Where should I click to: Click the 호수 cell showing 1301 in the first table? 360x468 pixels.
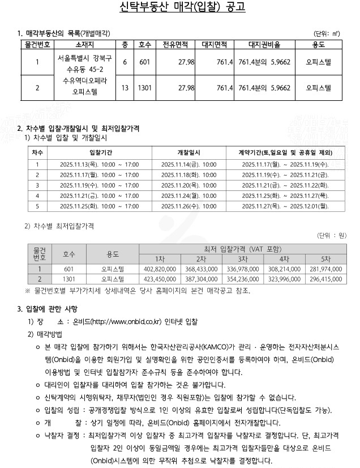tap(144, 88)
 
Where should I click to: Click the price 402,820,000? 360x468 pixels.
tap(161, 269)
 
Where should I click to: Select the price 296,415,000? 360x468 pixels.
tap(323, 279)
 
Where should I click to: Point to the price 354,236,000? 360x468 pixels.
tap(242, 279)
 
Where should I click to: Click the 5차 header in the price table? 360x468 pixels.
tap(323, 258)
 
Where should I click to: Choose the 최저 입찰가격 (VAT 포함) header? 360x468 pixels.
tap(242, 249)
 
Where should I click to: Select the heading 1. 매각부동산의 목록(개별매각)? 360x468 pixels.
tap(63, 33)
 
